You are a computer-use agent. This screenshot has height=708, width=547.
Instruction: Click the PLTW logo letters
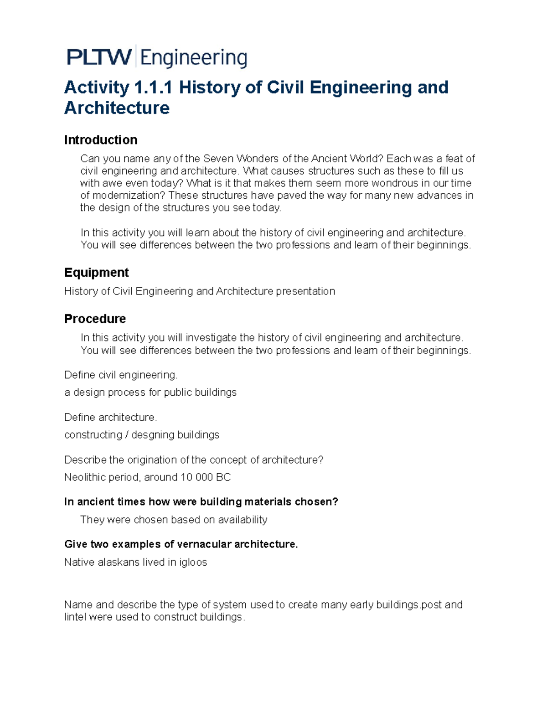tap(99, 57)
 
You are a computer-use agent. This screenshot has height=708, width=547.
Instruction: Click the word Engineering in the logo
tap(193, 58)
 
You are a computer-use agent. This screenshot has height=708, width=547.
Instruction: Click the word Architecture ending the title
tap(117, 108)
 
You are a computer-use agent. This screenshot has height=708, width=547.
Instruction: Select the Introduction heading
tap(101, 140)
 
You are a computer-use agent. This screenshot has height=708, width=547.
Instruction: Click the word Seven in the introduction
tap(218, 159)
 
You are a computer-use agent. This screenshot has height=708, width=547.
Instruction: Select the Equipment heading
tap(96, 273)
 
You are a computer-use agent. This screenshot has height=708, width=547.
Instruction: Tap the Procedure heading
tap(95, 319)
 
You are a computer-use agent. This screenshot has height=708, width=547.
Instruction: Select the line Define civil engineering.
tap(121, 375)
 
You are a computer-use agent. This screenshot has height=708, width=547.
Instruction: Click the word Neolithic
tap(85, 477)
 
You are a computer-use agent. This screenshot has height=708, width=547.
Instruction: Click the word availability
tap(243, 520)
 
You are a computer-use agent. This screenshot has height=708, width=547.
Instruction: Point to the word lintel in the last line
tap(75, 617)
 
